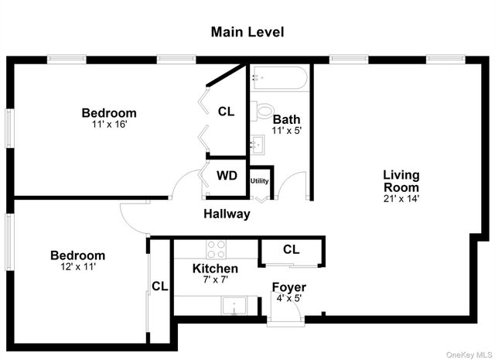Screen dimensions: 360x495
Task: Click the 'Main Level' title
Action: coord(247,32)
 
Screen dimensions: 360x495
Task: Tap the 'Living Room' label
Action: coord(401,181)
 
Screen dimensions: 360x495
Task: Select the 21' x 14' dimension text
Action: coord(401,199)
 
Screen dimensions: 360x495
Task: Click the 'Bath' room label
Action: coord(286,119)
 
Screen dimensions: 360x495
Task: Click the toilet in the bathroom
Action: coord(263,111)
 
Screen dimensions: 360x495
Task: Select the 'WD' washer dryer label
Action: coord(227,176)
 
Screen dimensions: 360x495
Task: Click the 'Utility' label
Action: coord(259,181)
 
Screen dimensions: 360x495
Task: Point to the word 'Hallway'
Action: coord(227,214)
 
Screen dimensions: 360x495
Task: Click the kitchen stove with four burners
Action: coord(216,249)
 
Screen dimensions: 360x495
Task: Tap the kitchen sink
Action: coord(233,307)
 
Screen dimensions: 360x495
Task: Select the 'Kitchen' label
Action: coord(215,269)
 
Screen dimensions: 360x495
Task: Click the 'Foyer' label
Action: coord(288,287)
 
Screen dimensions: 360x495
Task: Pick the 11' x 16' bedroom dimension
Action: coord(109,125)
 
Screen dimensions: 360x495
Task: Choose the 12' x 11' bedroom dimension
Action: coord(77,267)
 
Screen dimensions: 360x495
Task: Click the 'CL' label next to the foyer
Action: coord(291,249)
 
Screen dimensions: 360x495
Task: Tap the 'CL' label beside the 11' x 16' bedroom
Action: coord(226,111)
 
